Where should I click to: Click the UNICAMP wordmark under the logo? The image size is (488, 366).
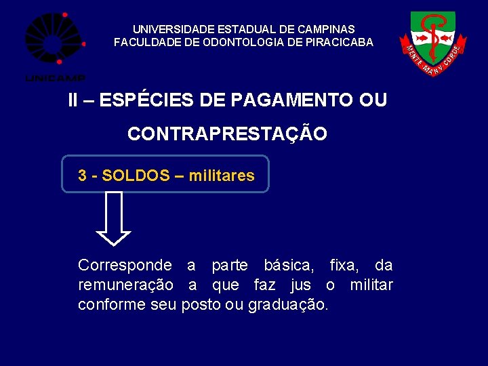click(x=55, y=77)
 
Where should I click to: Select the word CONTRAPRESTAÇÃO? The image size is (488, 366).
click(x=227, y=134)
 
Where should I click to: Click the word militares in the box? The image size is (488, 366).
click(x=222, y=176)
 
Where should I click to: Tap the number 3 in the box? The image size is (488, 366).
click(x=82, y=176)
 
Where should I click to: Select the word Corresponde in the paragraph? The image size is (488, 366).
click(x=125, y=265)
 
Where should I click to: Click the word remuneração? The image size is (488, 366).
click(x=125, y=285)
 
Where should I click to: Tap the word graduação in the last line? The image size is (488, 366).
click(x=287, y=305)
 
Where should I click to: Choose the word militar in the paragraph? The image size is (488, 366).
click(x=371, y=285)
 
